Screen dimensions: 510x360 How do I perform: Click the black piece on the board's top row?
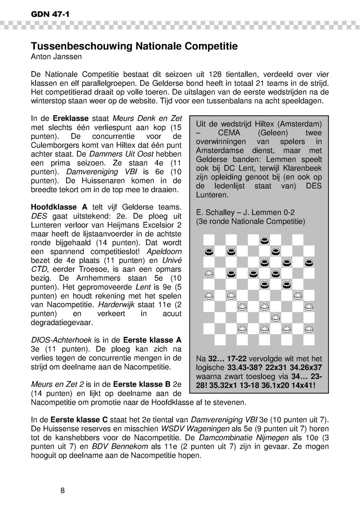[265, 240]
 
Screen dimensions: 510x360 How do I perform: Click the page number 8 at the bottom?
[63, 490]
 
